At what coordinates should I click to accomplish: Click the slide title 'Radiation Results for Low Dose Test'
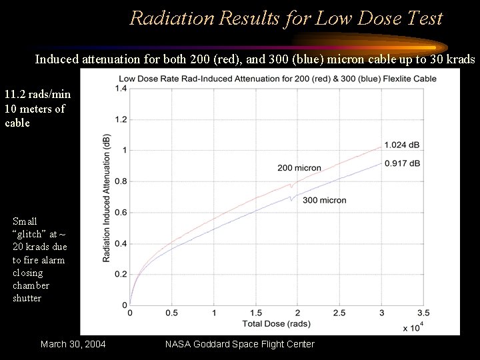286,18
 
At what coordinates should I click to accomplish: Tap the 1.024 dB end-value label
403,145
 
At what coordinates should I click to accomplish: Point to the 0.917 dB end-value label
403,163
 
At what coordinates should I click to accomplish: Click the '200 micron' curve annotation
299,168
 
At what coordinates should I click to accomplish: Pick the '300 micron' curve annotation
324,200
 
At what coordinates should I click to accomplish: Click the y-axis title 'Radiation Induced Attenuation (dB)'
107,198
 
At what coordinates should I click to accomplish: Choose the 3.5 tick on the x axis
423,313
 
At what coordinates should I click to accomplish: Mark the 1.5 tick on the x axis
255,313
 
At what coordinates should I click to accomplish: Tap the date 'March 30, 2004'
73,344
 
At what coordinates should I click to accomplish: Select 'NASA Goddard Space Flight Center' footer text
239,344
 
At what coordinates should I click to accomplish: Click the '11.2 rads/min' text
37,95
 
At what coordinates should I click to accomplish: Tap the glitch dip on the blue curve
291,199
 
